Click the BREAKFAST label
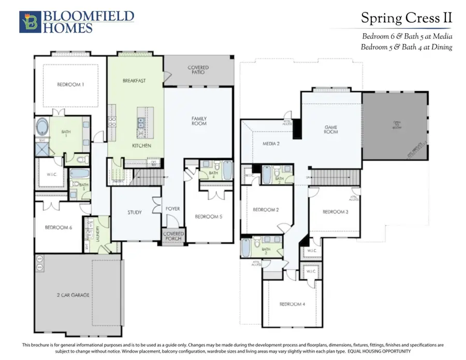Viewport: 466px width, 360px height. click(134, 81)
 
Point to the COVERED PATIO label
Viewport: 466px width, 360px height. click(198, 69)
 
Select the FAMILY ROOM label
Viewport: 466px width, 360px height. click(199, 121)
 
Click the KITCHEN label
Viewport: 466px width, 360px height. click(141, 146)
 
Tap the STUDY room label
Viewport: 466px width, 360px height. click(135, 212)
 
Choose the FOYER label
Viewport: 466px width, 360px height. click(172, 209)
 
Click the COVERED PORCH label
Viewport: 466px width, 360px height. click(173, 236)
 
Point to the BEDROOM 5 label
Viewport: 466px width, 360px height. click(208, 217)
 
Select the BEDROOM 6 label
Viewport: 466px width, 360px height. click(59, 227)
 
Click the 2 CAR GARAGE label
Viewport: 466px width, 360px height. click(74, 295)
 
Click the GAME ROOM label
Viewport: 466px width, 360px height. click(331, 129)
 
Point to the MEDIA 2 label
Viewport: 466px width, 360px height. click(271, 143)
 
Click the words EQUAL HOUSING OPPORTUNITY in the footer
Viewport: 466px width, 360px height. click(369, 352)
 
